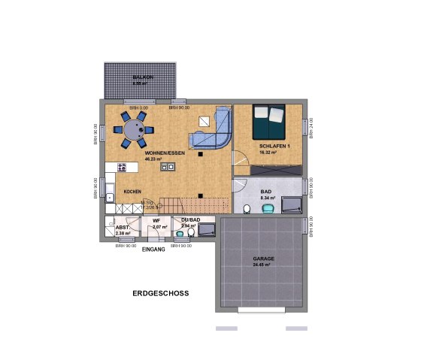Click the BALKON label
(x=143, y=78)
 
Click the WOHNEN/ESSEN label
(x=165, y=153)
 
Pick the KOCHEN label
(x=133, y=192)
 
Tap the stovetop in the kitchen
(x=122, y=168)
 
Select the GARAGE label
(x=263, y=259)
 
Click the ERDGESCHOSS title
(x=159, y=293)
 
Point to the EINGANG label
(x=153, y=248)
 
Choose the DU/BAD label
(x=190, y=219)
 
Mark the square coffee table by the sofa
(x=204, y=121)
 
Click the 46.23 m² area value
(x=165, y=159)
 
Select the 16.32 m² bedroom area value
(x=268, y=153)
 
